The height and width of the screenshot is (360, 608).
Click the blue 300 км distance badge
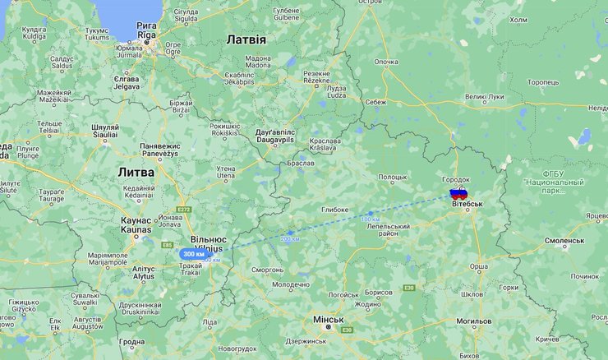193,254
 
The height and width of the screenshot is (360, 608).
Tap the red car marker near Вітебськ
458,194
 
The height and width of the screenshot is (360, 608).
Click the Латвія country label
246,39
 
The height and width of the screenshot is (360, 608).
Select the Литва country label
136,172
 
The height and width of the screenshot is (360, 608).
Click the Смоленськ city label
564,242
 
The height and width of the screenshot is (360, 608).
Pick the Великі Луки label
486,96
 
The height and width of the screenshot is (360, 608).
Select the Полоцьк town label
393,176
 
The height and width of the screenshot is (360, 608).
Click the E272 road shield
183,210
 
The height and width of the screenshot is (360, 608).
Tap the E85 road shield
168,245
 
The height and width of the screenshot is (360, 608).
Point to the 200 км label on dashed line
290,238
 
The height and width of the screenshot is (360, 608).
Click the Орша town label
478,265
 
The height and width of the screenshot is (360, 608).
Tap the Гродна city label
131,341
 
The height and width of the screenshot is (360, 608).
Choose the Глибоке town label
334,209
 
